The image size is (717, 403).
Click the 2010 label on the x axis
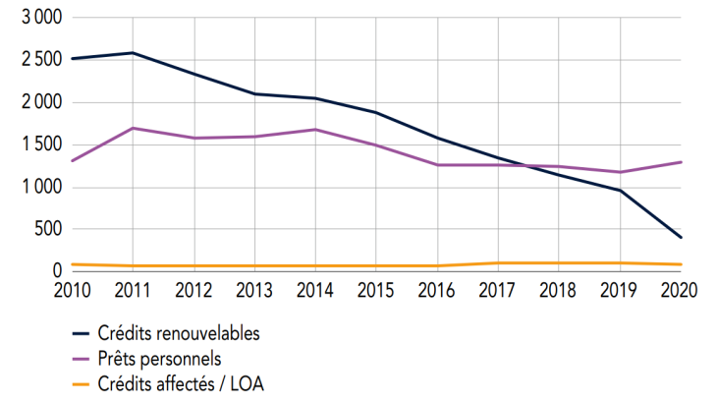click(x=72, y=290)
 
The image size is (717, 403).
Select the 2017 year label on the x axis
click(x=497, y=290)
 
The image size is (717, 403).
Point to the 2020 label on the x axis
click(x=680, y=290)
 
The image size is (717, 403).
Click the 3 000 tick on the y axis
click(x=39, y=18)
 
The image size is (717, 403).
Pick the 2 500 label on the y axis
click(x=39, y=60)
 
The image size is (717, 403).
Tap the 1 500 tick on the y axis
click(x=39, y=144)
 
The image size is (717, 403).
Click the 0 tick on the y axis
click(x=56, y=271)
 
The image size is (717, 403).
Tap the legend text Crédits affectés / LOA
click(x=180, y=384)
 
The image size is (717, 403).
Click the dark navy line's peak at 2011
click(x=133, y=53)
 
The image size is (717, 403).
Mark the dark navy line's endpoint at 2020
click(x=681, y=237)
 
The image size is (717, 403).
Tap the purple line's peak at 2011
click(x=133, y=128)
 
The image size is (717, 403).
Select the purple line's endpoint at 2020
click(x=681, y=162)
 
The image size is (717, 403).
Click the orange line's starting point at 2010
click(x=72, y=264)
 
